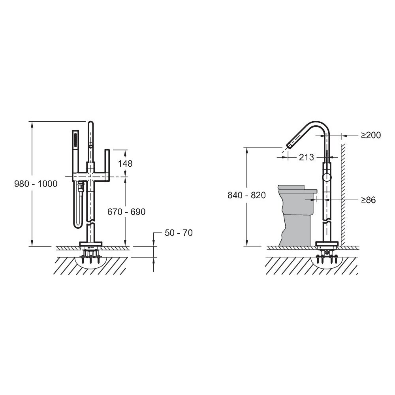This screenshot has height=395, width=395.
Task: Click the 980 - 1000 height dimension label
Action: coord(36,184)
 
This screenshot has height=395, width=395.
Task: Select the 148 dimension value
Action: coord(125,164)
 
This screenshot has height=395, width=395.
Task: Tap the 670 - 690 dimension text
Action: coord(126,212)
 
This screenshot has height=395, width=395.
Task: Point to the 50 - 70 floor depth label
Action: coord(179,233)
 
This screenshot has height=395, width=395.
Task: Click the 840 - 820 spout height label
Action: coord(246,195)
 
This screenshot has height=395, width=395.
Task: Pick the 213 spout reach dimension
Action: coord(307,157)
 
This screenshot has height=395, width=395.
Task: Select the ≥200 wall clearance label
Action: coord(371,135)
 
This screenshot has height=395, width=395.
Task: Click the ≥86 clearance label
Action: coord(368,200)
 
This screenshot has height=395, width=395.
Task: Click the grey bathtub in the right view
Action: coord(297,215)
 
